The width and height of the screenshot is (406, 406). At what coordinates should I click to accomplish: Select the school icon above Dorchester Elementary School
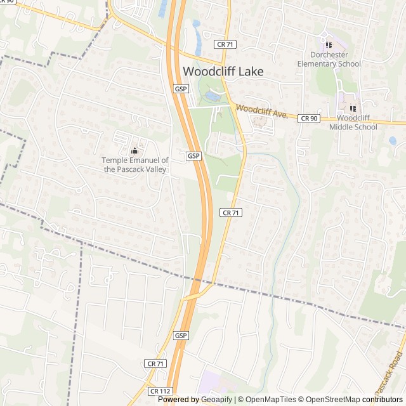[329, 45]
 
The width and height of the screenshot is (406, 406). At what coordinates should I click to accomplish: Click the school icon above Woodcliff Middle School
[353, 108]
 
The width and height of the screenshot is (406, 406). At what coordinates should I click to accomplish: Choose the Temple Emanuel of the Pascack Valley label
[135, 165]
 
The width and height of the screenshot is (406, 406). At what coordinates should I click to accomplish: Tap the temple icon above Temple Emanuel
[134, 151]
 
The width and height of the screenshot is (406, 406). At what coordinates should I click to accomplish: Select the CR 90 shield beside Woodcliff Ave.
[309, 118]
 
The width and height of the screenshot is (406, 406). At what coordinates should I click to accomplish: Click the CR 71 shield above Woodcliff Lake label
[225, 44]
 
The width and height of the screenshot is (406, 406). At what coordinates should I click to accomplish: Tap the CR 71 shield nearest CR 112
[155, 363]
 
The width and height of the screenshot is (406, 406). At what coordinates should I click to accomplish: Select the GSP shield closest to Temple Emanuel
[194, 155]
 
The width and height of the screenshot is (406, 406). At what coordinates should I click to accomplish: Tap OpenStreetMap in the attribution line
[330, 400]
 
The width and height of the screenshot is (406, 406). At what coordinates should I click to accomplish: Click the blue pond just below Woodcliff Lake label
[211, 96]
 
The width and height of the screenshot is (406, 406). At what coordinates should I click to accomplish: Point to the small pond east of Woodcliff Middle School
[393, 140]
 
